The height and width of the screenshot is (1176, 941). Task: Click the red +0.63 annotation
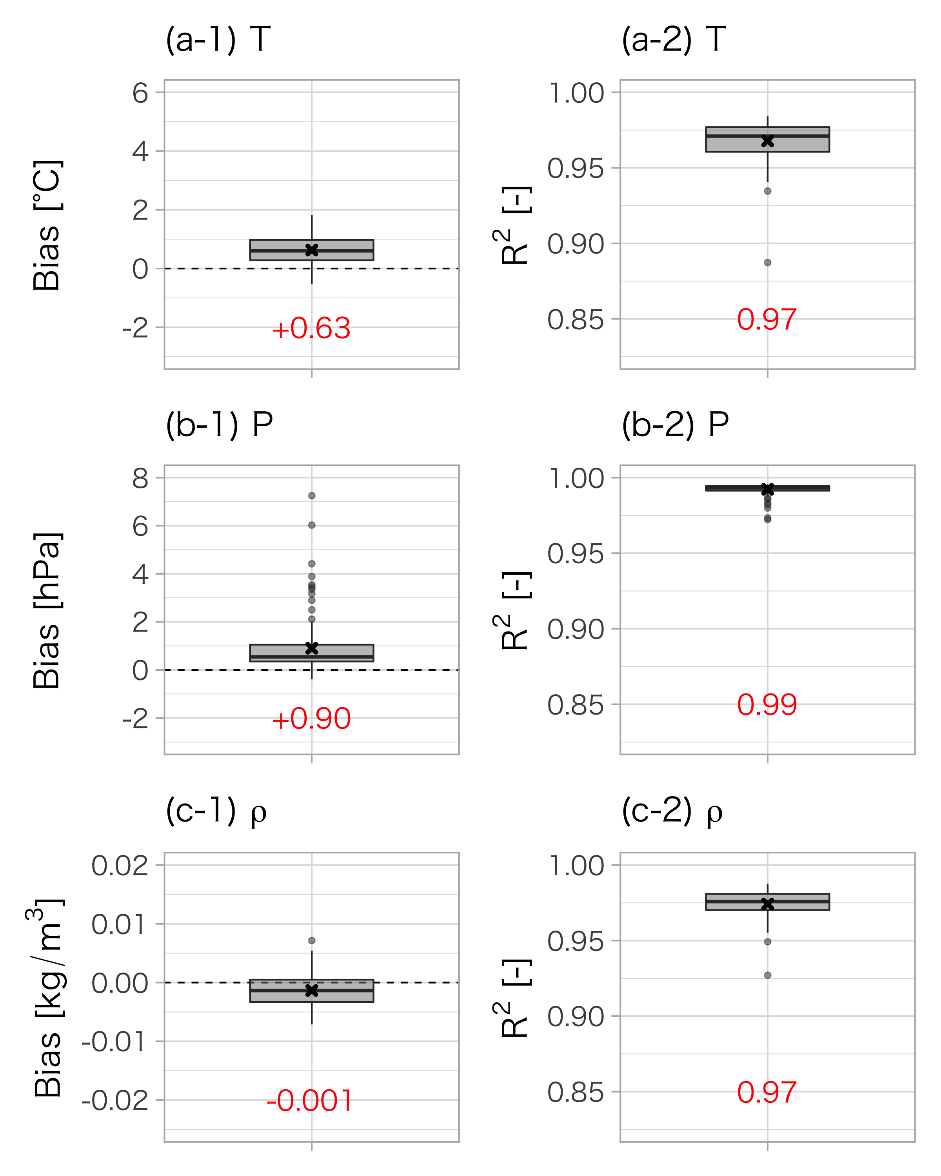[x=311, y=328]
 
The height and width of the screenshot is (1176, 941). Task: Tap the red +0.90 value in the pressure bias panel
[x=311, y=719]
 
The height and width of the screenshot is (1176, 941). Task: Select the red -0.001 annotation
[x=309, y=1101]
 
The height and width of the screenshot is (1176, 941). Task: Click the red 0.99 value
[x=767, y=705]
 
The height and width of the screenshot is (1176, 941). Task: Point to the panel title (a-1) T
[x=218, y=40]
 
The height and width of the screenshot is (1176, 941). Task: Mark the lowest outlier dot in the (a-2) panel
[x=768, y=262]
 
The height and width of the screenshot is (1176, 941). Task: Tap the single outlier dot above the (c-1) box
[x=311, y=940]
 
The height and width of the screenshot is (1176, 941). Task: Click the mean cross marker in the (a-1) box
[x=311, y=250]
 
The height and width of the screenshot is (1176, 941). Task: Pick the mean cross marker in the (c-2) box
[x=768, y=904]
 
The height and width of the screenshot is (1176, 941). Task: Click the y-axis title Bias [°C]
[x=47, y=225]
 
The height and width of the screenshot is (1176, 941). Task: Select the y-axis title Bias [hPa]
[x=47, y=610]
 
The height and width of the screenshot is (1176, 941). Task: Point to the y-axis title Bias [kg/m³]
[x=46, y=998]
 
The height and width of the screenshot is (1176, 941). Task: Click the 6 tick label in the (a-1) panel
[x=140, y=93]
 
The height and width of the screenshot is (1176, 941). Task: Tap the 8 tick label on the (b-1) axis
[x=140, y=478]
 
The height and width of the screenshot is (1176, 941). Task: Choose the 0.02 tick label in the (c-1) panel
[x=120, y=866]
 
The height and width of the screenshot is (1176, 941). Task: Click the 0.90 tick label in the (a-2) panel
[x=576, y=244]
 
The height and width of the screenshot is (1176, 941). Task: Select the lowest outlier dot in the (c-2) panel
[x=768, y=975]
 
